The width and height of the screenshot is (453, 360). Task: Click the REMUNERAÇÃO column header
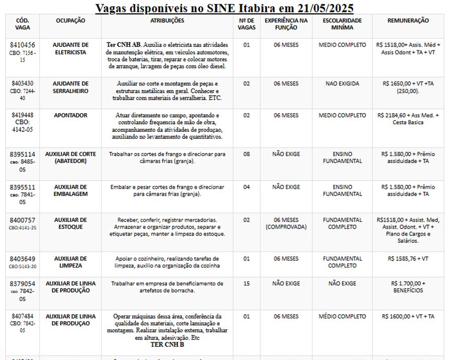[x=408, y=21]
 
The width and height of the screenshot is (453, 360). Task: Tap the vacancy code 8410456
[x=22, y=45]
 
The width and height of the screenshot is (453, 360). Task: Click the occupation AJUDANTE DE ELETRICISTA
[x=70, y=48]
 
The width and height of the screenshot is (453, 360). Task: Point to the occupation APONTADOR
[x=70, y=115]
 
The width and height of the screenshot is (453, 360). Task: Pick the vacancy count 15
[x=246, y=283]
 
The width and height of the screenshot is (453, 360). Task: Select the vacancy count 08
[x=246, y=154]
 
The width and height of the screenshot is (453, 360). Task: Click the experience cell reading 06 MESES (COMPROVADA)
[x=286, y=224]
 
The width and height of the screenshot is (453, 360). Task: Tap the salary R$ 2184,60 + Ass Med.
[x=408, y=119]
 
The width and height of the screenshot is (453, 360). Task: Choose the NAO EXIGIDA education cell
[x=342, y=84]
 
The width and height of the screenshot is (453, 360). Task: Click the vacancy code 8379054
[x=22, y=283]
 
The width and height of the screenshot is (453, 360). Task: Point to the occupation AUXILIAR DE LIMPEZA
[x=70, y=262]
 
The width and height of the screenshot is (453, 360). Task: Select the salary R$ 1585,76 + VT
[x=408, y=259]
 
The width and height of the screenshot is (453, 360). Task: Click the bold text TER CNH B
[x=168, y=345]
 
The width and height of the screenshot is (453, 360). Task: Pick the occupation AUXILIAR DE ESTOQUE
[x=70, y=224]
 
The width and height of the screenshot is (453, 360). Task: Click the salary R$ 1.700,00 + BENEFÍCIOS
[x=408, y=287]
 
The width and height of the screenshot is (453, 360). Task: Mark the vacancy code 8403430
[x=22, y=84]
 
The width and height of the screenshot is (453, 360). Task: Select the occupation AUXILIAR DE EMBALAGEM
[x=70, y=190]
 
